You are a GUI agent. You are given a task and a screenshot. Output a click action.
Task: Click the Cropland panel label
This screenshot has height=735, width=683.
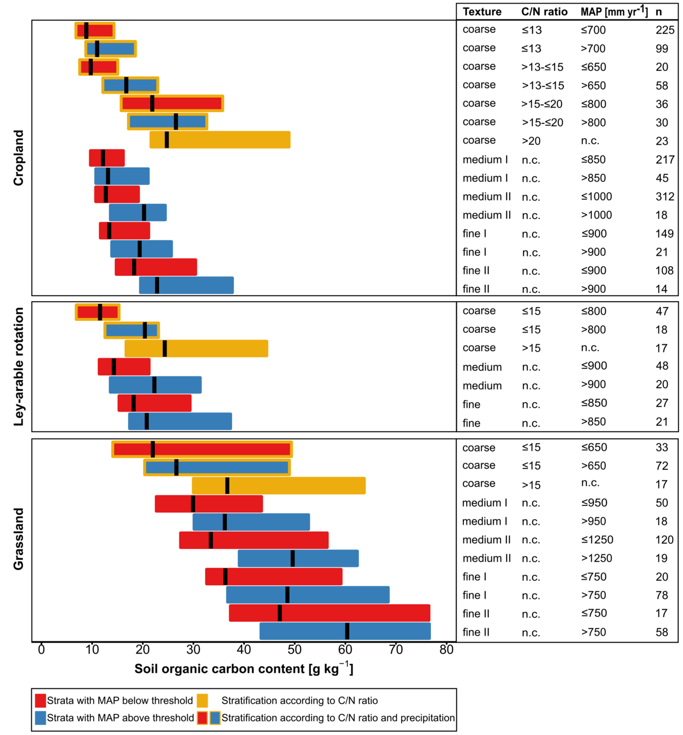(x=19, y=158)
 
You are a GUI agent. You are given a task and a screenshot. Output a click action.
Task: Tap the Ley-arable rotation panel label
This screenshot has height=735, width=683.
(x=19, y=367)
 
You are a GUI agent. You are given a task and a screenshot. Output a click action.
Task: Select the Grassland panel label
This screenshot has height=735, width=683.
(x=19, y=539)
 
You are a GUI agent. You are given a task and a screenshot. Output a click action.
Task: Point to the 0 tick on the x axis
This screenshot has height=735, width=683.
(x=42, y=650)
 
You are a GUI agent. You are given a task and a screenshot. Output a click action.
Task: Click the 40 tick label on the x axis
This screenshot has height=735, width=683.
(x=244, y=650)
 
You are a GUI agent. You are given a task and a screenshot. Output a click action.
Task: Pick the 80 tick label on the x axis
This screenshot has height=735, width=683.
(x=446, y=650)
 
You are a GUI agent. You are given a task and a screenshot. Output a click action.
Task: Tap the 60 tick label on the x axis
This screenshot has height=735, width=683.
(x=345, y=650)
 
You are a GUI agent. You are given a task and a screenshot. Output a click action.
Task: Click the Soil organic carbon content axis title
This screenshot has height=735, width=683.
(x=244, y=667)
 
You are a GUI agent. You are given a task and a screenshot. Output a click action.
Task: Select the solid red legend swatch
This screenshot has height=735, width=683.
(x=40, y=701)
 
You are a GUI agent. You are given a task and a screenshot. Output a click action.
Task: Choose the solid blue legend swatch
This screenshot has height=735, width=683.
(x=40, y=718)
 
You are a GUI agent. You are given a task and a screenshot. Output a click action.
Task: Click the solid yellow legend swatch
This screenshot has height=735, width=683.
(x=202, y=701)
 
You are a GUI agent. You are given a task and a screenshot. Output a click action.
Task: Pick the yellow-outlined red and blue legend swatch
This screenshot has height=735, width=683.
(x=209, y=718)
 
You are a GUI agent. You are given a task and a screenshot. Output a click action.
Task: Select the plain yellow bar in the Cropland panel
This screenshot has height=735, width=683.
(x=220, y=140)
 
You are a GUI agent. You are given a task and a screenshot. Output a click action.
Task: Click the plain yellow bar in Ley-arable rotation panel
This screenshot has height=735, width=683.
(x=196, y=349)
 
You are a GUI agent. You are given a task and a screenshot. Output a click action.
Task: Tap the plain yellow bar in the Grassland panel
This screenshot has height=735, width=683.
(x=279, y=486)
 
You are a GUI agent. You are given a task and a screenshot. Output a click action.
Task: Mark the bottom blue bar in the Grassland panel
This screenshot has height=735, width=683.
(x=345, y=631)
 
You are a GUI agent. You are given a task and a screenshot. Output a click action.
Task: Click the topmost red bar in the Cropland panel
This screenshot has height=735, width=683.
(x=95, y=31)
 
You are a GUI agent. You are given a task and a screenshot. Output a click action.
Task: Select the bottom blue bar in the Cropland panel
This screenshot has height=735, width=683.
(x=186, y=285)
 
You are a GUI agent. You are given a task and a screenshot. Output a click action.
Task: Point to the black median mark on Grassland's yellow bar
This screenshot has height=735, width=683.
(x=227, y=486)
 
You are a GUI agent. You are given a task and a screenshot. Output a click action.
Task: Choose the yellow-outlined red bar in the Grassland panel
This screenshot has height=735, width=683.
(x=202, y=449)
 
